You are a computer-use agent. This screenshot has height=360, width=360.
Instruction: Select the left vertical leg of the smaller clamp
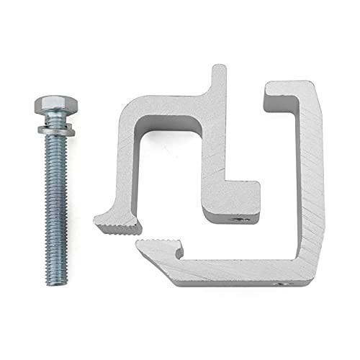[124, 166]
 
